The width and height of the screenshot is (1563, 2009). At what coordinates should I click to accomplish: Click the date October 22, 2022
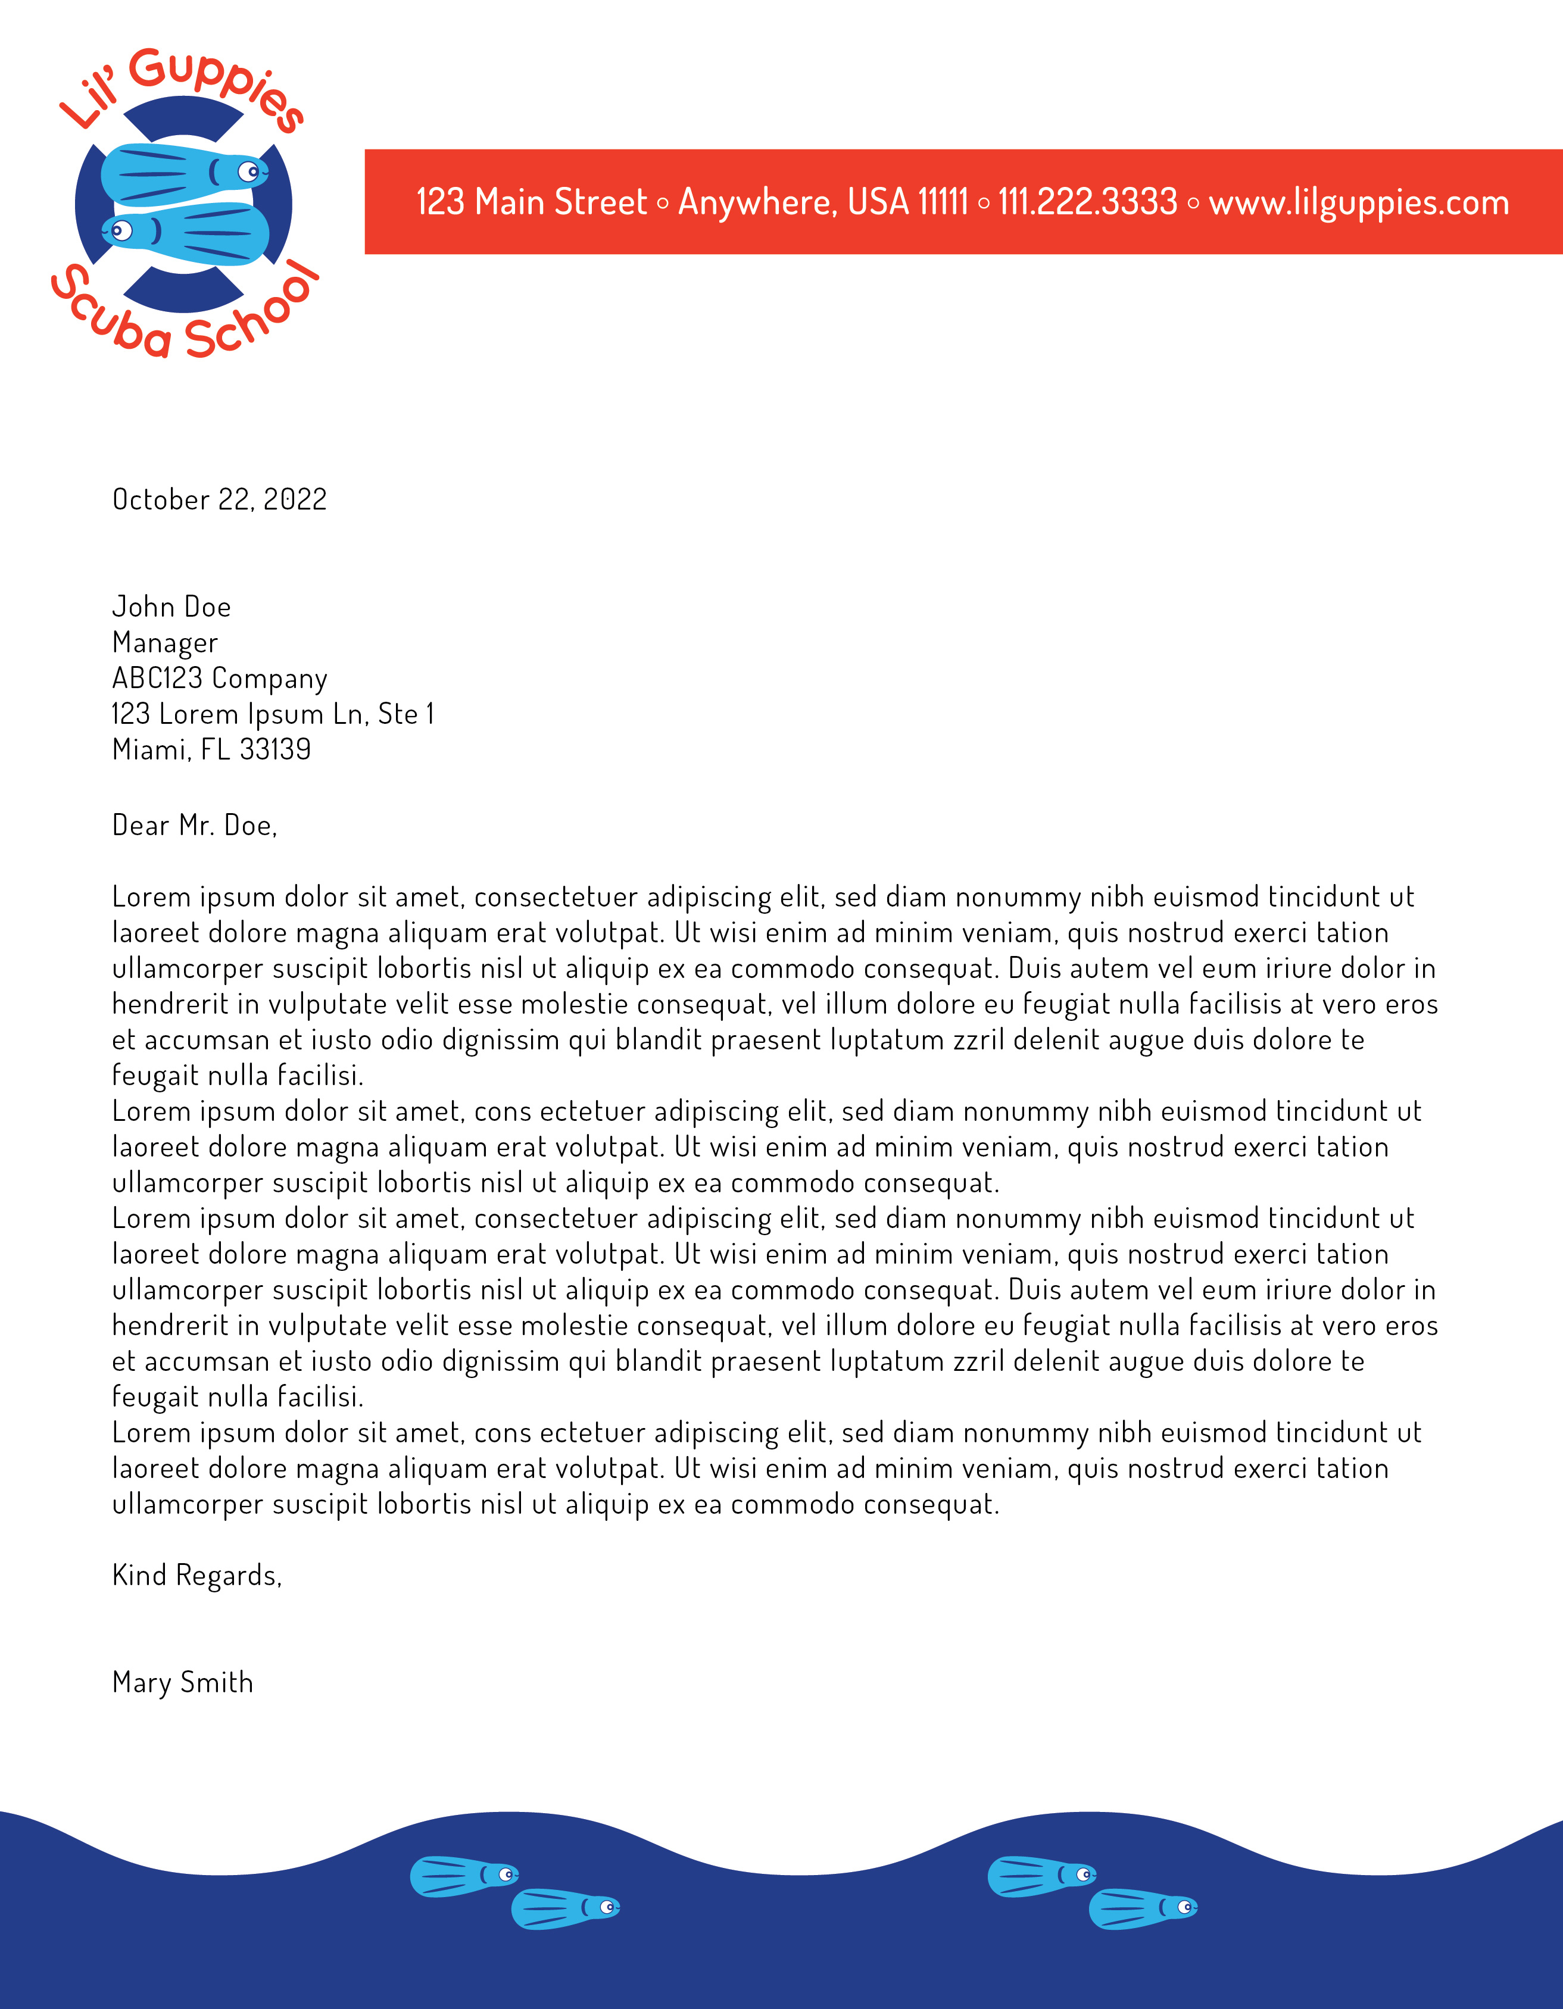pyautogui.click(x=219, y=499)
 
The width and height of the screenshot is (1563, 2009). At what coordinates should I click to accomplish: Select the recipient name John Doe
pyautogui.click(x=171, y=607)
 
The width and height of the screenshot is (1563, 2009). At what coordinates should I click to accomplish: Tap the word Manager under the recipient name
pyautogui.click(x=165, y=643)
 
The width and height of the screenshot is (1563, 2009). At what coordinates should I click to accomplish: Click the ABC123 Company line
pyautogui.click(x=219, y=679)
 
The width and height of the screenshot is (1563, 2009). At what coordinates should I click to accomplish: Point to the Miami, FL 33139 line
pyautogui.click(x=211, y=749)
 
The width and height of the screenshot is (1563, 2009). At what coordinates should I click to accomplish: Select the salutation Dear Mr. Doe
pyautogui.click(x=194, y=825)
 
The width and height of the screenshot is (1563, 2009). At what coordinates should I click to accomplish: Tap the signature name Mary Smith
pyautogui.click(x=182, y=1682)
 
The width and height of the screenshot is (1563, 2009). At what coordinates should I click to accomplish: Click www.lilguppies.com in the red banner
pyautogui.click(x=1359, y=202)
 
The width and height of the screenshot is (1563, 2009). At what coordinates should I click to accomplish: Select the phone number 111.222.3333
pyautogui.click(x=1087, y=202)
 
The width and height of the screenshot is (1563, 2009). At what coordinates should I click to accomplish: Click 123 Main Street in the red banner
pyautogui.click(x=532, y=202)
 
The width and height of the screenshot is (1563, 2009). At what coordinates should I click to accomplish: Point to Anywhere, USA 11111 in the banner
pyautogui.click(x=822, y=202)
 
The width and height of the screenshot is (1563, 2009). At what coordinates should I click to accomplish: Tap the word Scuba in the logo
pyautogui.click(x=110, y=313)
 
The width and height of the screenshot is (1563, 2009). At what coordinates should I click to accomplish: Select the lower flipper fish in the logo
pyautogui.click(x=189, y=232)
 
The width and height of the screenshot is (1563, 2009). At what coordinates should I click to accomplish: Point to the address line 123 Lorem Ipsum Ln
pyautogui.click(x=272, y=714)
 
